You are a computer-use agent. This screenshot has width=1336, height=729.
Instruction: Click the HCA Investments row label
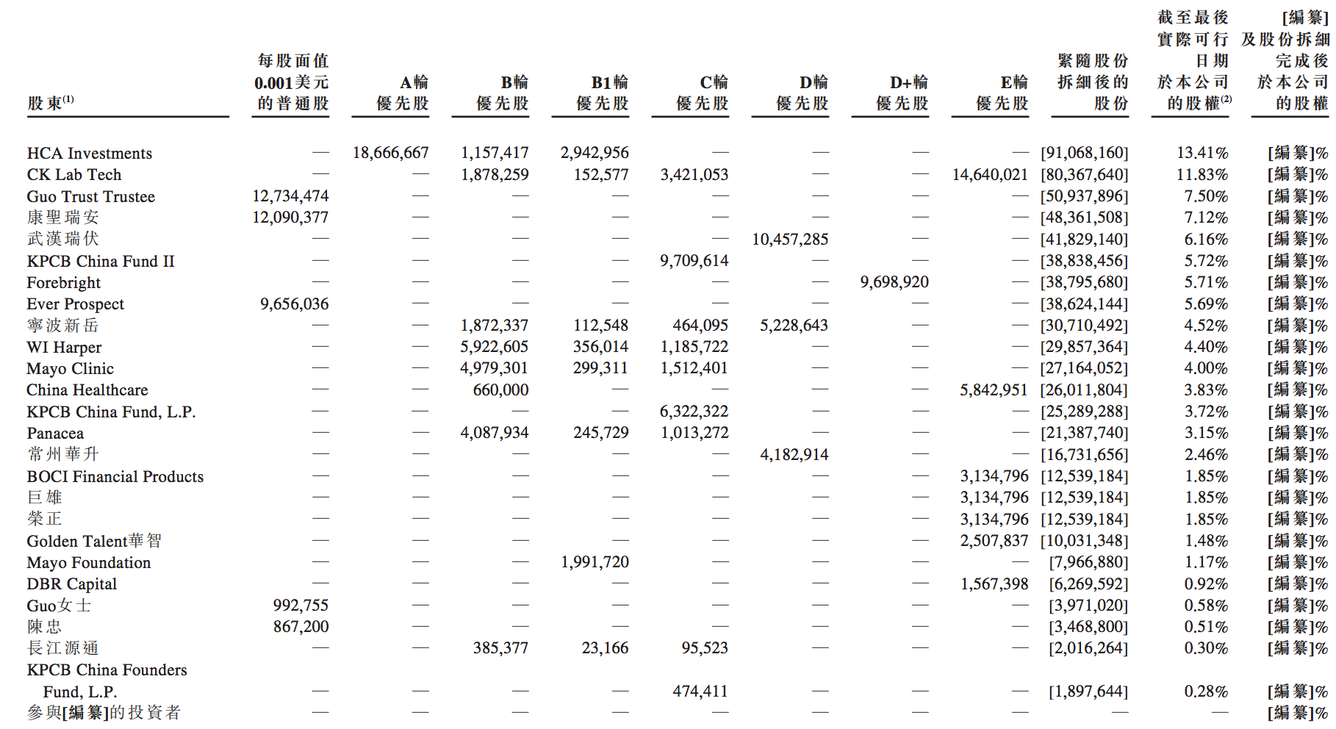90,154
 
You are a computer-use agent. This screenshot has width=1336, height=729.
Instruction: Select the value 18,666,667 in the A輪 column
390,153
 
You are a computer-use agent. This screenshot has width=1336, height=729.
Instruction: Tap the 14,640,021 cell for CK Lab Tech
990,175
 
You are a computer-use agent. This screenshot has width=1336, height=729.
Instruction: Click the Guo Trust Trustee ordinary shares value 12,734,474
290,196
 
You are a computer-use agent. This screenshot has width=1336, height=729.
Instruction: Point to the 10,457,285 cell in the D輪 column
790,240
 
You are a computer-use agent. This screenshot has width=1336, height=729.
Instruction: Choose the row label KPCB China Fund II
101,262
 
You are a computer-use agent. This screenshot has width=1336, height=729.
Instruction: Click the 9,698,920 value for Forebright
894,282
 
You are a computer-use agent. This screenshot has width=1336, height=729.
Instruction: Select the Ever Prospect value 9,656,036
294,304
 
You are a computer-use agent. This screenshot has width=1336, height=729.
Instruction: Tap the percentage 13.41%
1202,153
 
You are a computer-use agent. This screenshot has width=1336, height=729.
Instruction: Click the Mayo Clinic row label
71,369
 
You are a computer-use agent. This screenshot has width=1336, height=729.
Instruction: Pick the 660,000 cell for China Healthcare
500,390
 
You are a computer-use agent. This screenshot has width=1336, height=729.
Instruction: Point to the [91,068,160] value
1084,153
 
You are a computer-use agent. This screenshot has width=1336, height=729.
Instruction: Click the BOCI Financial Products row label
115,477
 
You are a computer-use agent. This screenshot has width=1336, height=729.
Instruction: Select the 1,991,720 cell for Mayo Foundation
595,562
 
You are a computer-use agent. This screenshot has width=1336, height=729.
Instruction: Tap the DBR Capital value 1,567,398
994,584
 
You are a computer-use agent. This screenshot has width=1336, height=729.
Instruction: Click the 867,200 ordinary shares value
301,627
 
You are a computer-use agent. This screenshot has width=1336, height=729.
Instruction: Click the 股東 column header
50,104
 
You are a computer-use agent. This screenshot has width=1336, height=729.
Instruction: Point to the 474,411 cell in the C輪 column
700,692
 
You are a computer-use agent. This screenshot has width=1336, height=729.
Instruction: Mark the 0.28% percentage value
1206,692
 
